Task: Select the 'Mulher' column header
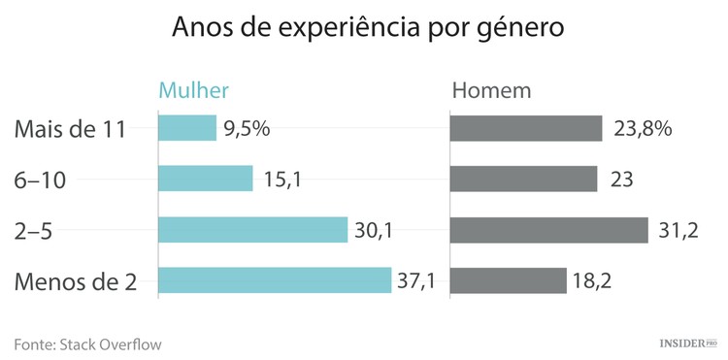(x=193, y=91)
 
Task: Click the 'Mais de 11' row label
(x=71, y=129)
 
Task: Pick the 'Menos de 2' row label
(x=76, y=282)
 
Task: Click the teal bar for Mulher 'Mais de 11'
(x=187, y=128)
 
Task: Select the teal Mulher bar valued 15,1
(x=205, y=179)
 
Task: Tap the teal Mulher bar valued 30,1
(x=252, y=230)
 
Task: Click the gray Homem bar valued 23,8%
(x=527, y=128)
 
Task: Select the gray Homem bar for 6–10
(x=524, y=179)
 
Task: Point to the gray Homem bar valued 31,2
(x=549, y=230)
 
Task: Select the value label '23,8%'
(x=644, y=129)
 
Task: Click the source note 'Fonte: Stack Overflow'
(x=87, y=344)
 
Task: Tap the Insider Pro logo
(x=688, y=344)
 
